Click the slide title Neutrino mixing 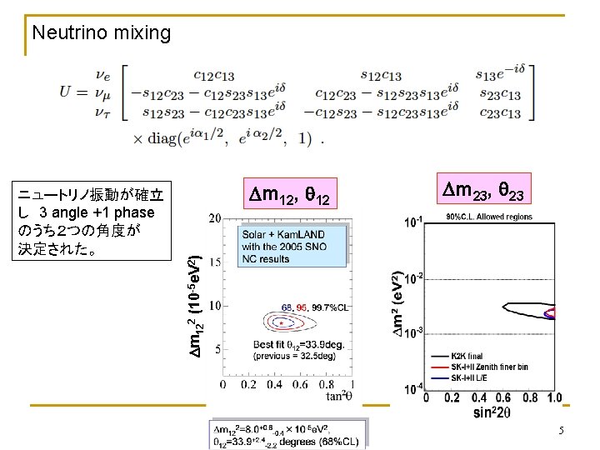(x=101, y=33)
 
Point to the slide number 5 (x=561, y=431)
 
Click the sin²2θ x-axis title (x=492, y=412)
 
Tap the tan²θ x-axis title (x=337, y=395)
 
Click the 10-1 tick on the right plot (x=412, y=221)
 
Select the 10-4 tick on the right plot (x=412, y=388)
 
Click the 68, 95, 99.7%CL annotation (x=314, y=307)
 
